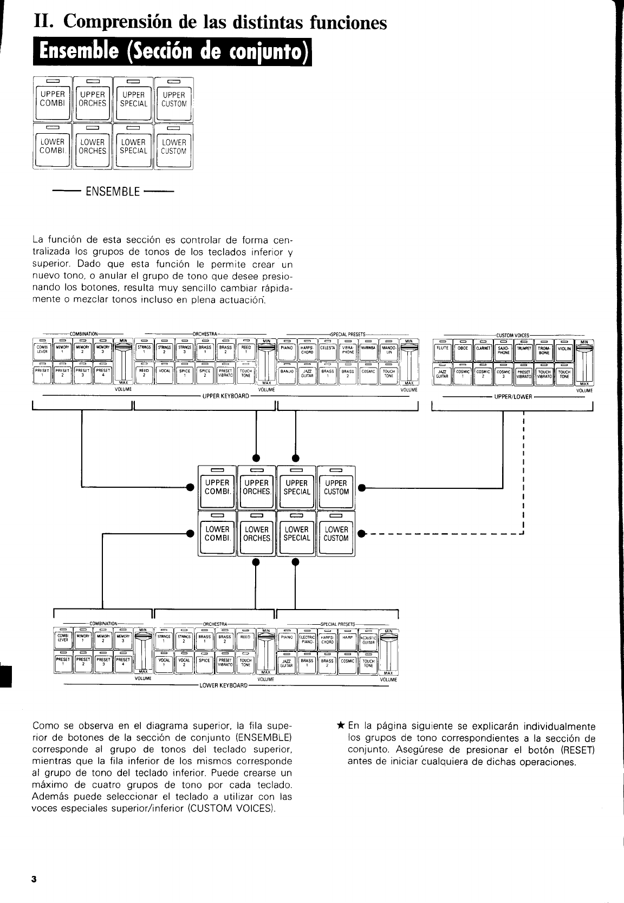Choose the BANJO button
[x=287, y=375]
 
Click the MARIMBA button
[x=368, y=351]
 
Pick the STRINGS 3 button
[x=184, y=351]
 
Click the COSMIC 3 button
[x=504, y=375]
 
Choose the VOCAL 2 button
[x=184, y=663]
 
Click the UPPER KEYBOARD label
[x=225, y=396]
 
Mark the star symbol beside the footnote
[x=340, y=726]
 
